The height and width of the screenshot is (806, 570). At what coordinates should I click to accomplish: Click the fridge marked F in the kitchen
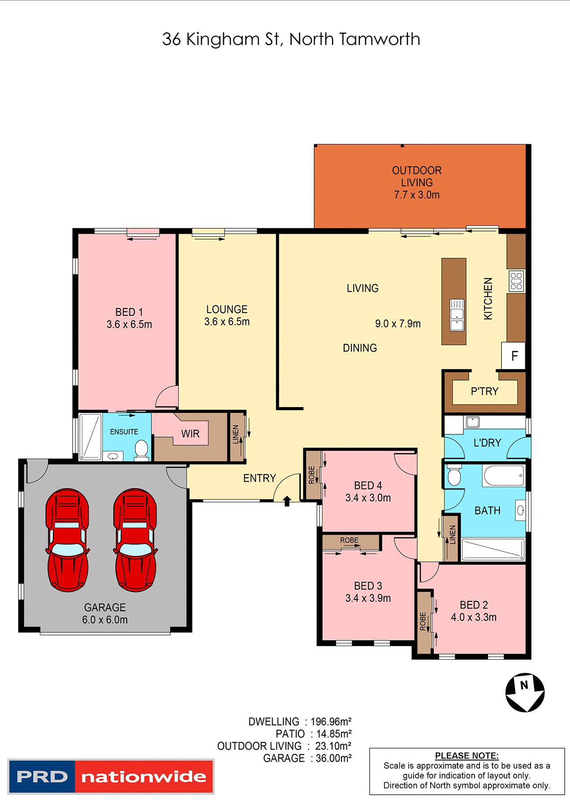[x=514, y=356]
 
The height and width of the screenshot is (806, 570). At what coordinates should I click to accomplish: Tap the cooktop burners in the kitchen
[x=516, y=281]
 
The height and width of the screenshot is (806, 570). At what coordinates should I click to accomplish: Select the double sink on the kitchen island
[x=457, y=315]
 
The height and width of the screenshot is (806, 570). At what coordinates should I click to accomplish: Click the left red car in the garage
[x=67, y=540]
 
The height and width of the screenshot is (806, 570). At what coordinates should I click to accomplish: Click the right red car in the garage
[x=135, y=540]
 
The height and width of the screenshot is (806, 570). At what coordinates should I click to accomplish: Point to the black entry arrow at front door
[x=287, y=501]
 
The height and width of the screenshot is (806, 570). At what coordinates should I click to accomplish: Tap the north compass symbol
[x=525, y=692]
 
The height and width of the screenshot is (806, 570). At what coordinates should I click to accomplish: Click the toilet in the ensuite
[x=142, y=450]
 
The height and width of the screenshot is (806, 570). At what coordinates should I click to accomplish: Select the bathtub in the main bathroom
[x=503, y=476]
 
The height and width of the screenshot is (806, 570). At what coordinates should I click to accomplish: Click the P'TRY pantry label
[x=484, y=391]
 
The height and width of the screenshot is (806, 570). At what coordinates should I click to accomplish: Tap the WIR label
[x=190, y=433]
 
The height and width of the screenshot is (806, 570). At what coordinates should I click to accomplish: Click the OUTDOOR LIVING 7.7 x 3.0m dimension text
[x=417, y=195]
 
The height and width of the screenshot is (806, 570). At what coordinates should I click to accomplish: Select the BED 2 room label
[x=474, y=605]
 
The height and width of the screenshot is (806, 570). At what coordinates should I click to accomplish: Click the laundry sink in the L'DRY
[x=472, y=422]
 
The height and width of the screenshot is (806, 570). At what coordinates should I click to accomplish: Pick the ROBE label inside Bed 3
[x=349, y=540]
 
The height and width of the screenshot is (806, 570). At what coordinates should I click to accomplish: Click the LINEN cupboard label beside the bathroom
[x=453, y=535]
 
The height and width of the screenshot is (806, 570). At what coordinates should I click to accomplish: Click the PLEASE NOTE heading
[x=466, y=755]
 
